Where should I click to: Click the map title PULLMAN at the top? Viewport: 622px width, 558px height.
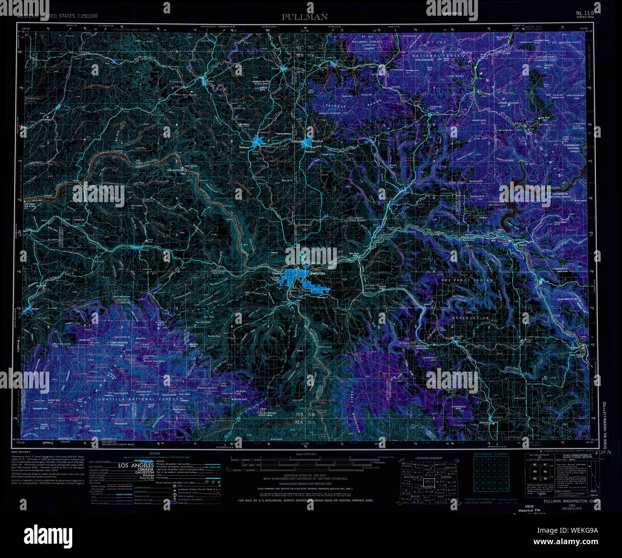(x=305, y=17)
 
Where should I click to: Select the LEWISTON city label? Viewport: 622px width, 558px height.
(x=317, y=273)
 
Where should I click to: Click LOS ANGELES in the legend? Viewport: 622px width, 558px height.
(x=136, y=465)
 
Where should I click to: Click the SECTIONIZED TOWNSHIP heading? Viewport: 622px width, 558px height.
(x=491, y=453)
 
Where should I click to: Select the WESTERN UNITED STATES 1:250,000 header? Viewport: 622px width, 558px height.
(x=57, y=16)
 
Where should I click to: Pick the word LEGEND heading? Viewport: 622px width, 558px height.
(x=155, y=453)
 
